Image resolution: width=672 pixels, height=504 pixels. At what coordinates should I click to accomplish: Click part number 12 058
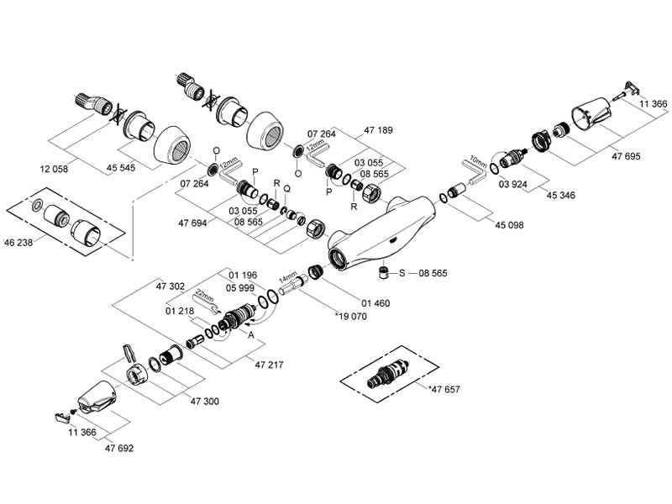[x=54, y=169]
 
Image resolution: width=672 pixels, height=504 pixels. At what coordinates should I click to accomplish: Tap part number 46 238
[x=20, y=242]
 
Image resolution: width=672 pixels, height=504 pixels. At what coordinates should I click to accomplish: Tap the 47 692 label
[x=120, y=449]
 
